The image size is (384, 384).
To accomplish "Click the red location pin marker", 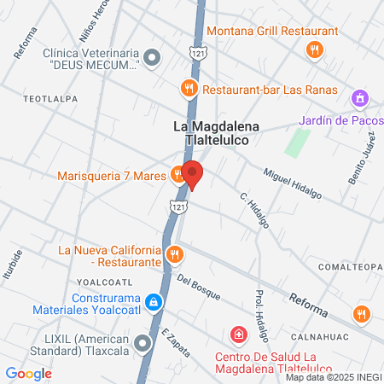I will [193, 174].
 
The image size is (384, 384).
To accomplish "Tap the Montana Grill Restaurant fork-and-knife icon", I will [315, 49].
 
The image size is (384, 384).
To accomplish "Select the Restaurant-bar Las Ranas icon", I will [189, 88].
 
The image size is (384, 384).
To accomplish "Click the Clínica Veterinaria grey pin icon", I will [153, 58].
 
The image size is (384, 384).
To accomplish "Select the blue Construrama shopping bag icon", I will [153, 302].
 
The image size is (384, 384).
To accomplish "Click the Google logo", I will [29, 373].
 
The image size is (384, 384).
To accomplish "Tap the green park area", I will [296, 139].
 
